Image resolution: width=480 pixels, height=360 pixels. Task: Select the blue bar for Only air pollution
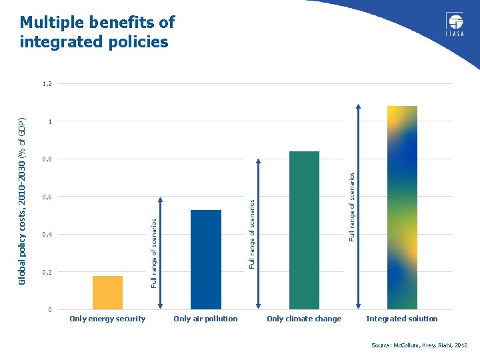205,259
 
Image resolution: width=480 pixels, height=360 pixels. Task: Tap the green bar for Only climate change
304,230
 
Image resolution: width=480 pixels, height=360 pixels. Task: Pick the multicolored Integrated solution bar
402,207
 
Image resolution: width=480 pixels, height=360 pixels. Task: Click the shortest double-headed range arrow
161,253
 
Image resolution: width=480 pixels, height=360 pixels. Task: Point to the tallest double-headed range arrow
359,207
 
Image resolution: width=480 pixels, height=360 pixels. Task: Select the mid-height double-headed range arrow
260,234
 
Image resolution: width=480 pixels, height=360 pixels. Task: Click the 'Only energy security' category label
107,319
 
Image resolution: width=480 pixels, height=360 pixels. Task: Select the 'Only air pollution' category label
205,319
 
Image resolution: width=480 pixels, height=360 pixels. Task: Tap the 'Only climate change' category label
304,319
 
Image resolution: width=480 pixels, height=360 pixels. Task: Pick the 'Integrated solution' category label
402,319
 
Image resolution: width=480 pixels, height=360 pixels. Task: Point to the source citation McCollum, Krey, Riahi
419,345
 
